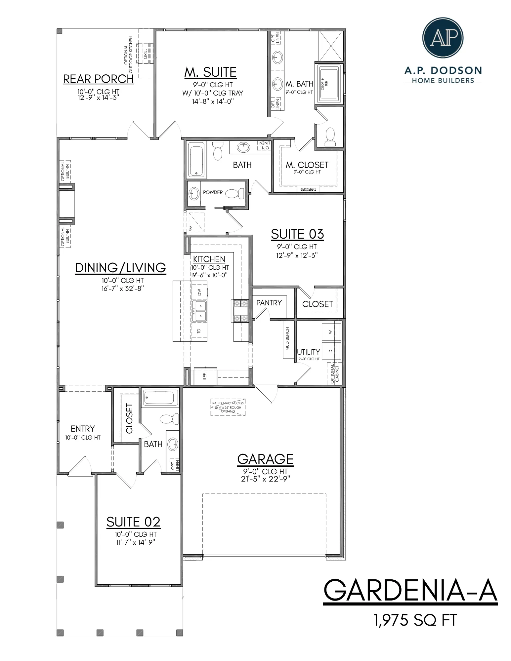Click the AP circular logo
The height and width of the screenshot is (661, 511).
(443, 38)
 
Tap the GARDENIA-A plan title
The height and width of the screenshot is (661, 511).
(410, 590)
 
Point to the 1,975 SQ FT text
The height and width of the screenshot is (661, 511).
(415, 620)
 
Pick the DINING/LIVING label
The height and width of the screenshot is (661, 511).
(120, 268)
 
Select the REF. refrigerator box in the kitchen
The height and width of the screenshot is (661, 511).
(205, 376)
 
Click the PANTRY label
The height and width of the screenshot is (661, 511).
(269, 303)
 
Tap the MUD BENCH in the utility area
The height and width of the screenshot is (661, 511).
(287, 338)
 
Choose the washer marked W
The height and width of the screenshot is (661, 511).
(330, 332)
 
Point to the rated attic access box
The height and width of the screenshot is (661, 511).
(228, 407)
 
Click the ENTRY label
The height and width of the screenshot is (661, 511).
(83, 429)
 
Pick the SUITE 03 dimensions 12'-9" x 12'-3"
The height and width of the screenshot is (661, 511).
(297, 255)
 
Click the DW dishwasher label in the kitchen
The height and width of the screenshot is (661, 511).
(199, 292)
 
